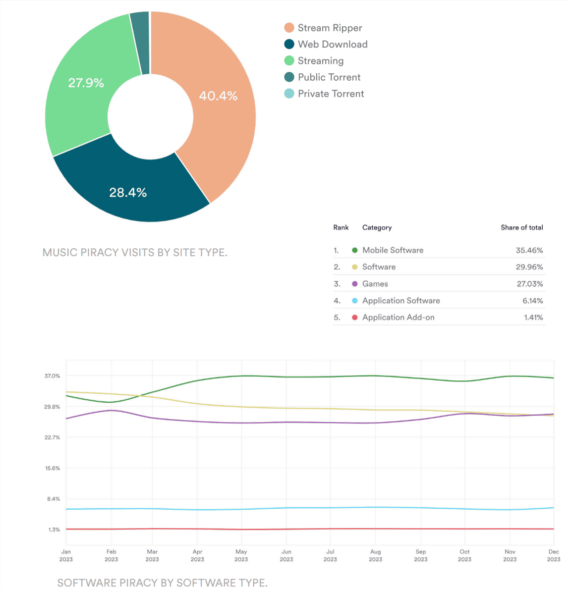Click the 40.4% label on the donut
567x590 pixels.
point(218,96)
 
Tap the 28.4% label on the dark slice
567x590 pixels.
point(128,192)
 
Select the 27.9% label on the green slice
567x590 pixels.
point(86,83)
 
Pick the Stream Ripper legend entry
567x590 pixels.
point(329,28)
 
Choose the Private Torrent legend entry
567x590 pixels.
point(330,94)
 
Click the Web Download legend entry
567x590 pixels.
point(332,44)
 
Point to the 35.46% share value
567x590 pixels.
point(529,250)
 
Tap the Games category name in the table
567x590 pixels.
point(375,284)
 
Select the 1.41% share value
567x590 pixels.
point(533,317)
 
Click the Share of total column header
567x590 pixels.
point(521,227)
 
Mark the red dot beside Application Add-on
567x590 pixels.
point(354,317)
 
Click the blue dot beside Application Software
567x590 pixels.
point(354,301)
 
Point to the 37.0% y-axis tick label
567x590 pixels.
point(52,376)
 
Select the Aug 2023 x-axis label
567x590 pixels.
point(375,555)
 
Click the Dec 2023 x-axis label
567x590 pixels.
point(553,555)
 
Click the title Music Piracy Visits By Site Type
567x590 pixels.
point(135,253)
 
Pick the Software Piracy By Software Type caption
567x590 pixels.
point(162,583)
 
